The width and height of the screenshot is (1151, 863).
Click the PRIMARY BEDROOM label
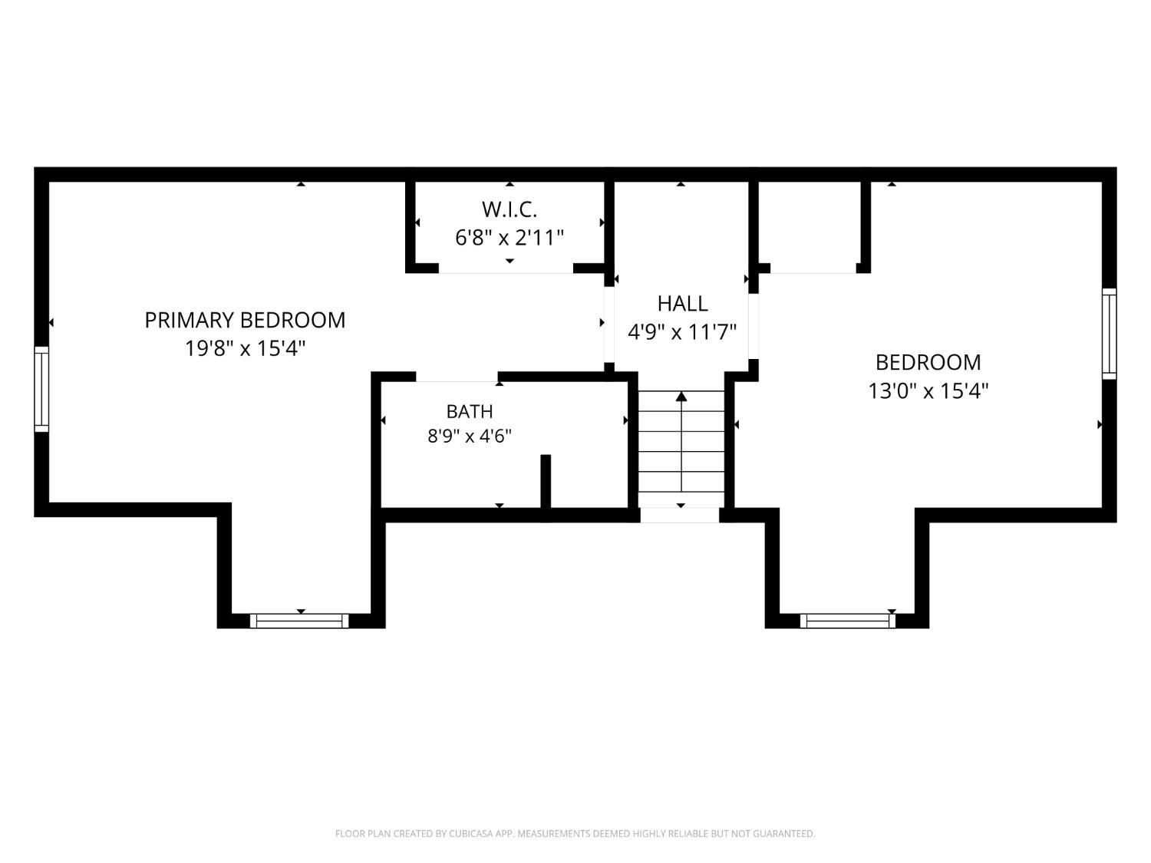pyautogui.click(x=245, y=320)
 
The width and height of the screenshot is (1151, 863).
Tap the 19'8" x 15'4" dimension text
pyautogui.click(x=245, y=348)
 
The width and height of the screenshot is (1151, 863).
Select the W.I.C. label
pyautogui.click(x=510, y=209)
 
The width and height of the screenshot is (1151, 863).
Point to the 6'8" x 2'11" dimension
pyautogui.click(x=510, y=238)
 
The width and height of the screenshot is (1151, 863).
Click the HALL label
pyautogui.click(x=682, y=303)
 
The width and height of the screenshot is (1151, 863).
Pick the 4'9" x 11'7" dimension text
pyautogui.click(x=682, y=331)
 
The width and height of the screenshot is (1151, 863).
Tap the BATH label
pyautogui.click(x=470, y=411)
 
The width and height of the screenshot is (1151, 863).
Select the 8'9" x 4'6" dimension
pyautogui.click(x=470, y=436)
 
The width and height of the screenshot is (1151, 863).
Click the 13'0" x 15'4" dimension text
pyautogui.click(x=928, y=391)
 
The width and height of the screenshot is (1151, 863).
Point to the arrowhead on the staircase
pyautogui.click(x=681, y=396)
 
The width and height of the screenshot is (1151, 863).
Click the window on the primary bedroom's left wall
pyautogui.click(x=41, y=389)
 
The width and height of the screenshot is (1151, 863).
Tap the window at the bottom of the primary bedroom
pyautogui.click(x=299, y=621)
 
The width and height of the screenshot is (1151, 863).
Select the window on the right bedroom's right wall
pyautogui.click(x=1109, y=333)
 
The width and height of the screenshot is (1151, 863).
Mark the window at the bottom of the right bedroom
pyautogui.click(x=848, y=621)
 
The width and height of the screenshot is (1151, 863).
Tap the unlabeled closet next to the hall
pyautogui.click(x=810, y=226)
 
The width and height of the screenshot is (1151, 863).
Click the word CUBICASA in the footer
pyautogui.click(x=471, y=834)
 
